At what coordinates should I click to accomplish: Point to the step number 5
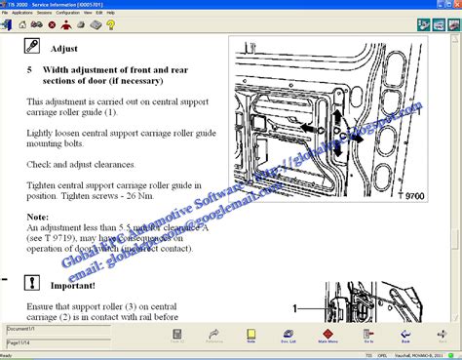click(x=29, y=69)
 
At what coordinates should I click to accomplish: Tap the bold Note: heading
click(x=37, y=216)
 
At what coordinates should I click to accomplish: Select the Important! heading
click(x=75, y=287)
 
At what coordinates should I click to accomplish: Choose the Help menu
click(x=110, y=14)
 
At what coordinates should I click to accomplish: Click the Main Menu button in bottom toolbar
click(x=327, y=336)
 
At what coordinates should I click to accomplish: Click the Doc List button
click(x=289, y=336)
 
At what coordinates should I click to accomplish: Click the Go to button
click(x=367, y=336)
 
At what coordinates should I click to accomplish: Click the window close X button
click(x=455, y=4)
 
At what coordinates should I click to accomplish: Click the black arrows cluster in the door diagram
click(x=335, y=128)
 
